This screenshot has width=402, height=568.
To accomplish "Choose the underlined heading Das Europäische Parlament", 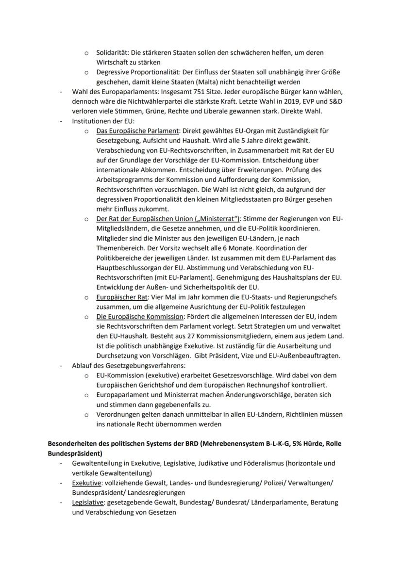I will tap(138, 131).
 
